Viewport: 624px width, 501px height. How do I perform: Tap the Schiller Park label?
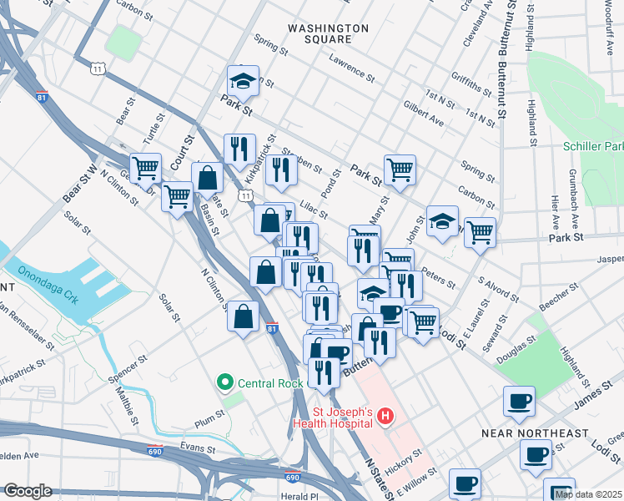click(593, 146)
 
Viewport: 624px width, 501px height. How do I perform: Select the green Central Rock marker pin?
click(224, 384)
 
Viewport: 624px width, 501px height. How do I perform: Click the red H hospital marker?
click(385, 415)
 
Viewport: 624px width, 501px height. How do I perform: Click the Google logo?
click(28, 491)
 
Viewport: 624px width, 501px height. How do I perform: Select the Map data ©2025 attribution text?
click(587, 494)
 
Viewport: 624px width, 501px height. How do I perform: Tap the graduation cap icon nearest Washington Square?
click(243, 81)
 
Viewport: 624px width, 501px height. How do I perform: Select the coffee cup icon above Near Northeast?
click(519, 401)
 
